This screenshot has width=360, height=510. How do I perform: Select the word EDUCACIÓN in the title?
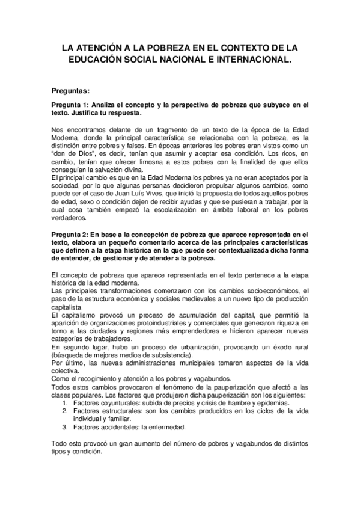100,60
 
